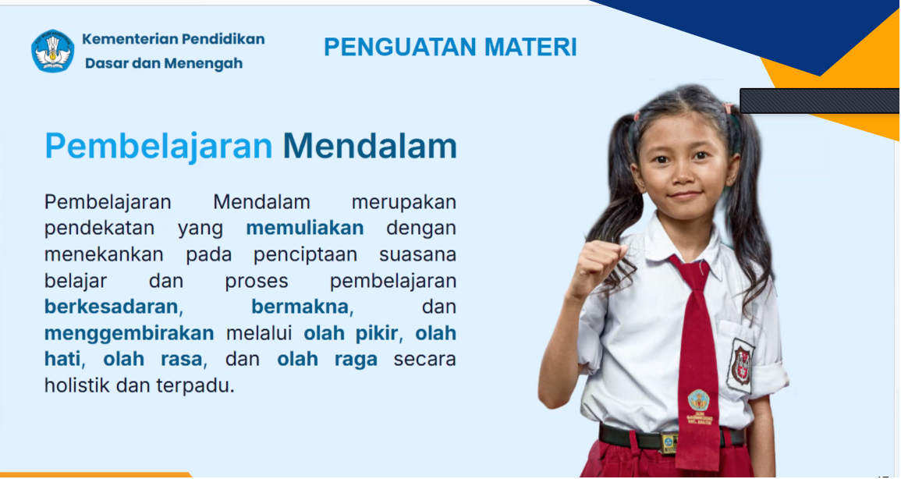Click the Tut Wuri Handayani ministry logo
52,51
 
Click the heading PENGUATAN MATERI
450,47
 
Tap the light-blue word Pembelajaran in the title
158,146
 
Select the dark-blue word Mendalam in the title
370,146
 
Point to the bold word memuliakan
304,228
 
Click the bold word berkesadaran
112,307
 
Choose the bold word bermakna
300,307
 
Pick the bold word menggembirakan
129,333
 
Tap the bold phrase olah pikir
350,333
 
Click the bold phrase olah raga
328,360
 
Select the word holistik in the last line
77,385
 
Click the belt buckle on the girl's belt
669,443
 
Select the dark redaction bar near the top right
819,101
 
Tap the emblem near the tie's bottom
699,401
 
